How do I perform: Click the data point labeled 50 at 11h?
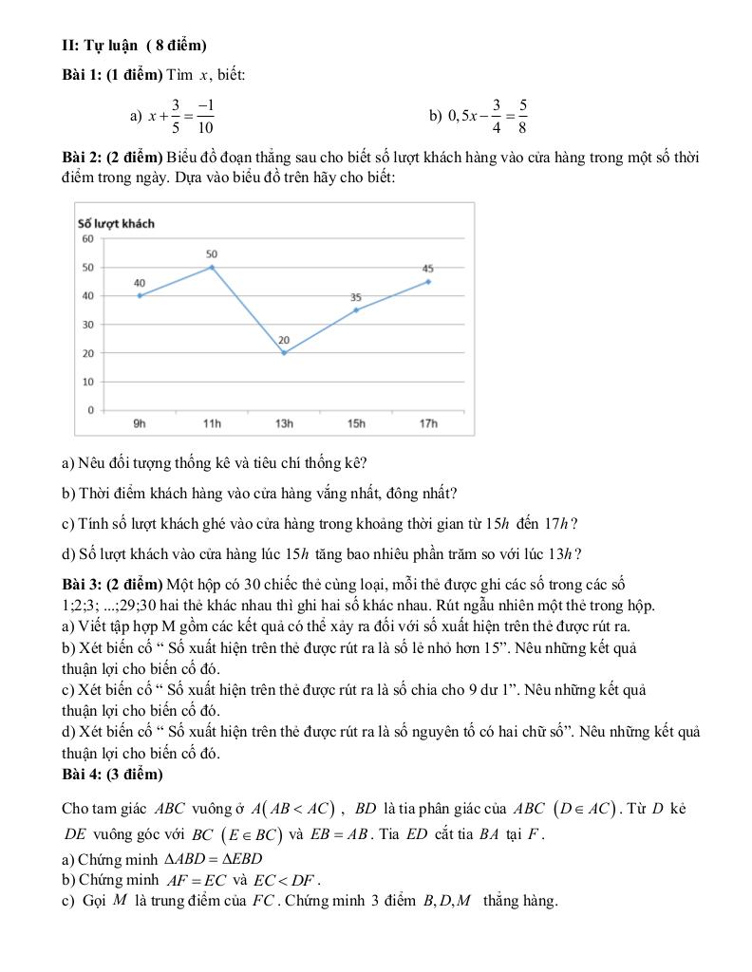pos(212,267)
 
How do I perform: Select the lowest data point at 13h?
pos(284,353)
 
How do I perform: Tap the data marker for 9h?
pos(140,295)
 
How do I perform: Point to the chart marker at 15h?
pos(356,309)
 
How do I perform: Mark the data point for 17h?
pos(428,281)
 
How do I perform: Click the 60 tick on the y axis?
pos(87,239)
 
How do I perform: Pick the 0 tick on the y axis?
pos(90,410)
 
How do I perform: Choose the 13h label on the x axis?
pos(284,423)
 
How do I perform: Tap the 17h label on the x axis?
pos(428,423)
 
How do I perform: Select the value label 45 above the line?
pos(428,269)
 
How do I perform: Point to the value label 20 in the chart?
pos(284,341)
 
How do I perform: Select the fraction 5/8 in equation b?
pos(523,116)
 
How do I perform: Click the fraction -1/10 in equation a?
pos(206,116)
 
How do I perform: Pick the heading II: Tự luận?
pos(133,45)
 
